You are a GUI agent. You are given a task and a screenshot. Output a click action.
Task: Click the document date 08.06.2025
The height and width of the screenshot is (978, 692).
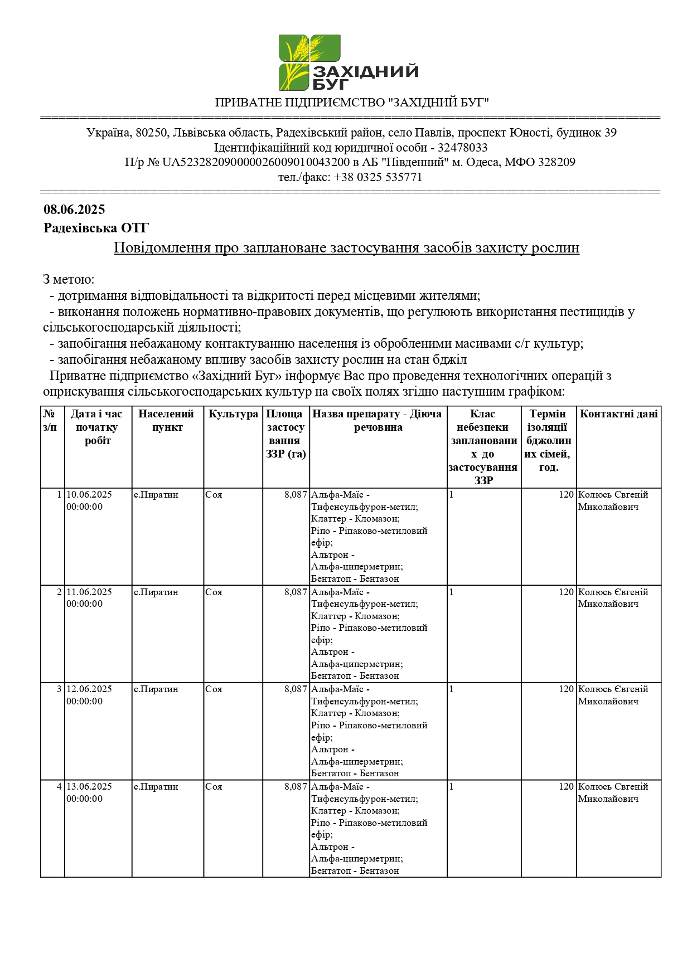pyautogui.click(x=74, y=210)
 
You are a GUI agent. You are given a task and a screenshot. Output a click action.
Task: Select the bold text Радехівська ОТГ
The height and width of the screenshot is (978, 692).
pyautogui.click(x=96, y=228)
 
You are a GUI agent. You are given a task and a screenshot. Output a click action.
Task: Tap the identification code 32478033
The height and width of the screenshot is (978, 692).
pyautogui.click(x=462, y=148)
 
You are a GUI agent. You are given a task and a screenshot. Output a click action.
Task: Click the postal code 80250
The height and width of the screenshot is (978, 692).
pyautogui.click(x=151, y=133)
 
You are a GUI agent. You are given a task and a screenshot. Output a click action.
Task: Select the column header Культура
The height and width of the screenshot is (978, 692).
pyautogui.click(x=233, y=414)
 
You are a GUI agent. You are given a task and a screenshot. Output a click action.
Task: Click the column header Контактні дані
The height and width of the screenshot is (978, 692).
pyautogui.click(x=618, y=414)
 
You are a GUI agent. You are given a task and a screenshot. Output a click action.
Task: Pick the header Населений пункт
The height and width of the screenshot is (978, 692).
pyautogui.click(x=167, y=421)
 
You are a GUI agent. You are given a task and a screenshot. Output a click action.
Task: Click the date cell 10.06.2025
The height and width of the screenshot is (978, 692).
pyautogui.click(x=89, y=495)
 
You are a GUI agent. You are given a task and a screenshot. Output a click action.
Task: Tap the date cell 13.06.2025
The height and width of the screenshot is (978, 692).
pyautogui.click(x=89, y=787)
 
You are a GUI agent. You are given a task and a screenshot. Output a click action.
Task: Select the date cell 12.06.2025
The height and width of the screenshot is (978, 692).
pyautogui.click(x=89, y=689)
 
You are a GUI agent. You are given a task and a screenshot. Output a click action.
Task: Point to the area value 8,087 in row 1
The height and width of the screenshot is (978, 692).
pyautogui.click(x=296, y=495)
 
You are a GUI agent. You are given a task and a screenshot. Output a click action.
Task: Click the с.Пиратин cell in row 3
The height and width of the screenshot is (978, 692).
pyautogui.click(x=156, y=689)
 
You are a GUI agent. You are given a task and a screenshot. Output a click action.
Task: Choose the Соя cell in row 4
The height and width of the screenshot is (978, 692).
pyautogui.click(x=214, y=787)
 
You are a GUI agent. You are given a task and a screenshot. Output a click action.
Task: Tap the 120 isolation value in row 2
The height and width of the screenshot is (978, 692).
pyautogui.click(x=566, y=592)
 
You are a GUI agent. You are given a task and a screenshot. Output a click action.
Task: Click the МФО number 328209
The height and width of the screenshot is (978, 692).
pyautogui.click(x=555, y=162)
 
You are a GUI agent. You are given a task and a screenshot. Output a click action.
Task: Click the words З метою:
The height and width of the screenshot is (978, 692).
pyautogui.click(x=69, y=279)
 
